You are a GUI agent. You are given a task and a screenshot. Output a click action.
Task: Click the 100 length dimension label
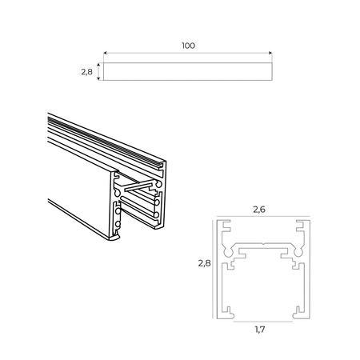click(188, 46)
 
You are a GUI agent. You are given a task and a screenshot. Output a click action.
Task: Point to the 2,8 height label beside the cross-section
click(203, 262)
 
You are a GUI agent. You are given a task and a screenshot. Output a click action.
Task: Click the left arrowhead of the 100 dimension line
click(106, 54)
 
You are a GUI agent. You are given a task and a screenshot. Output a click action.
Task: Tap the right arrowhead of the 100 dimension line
click(272, 54)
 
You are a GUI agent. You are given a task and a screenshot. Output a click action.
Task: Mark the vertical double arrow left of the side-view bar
click(99, 72)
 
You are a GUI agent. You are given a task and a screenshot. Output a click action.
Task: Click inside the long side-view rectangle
click(189, 72)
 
